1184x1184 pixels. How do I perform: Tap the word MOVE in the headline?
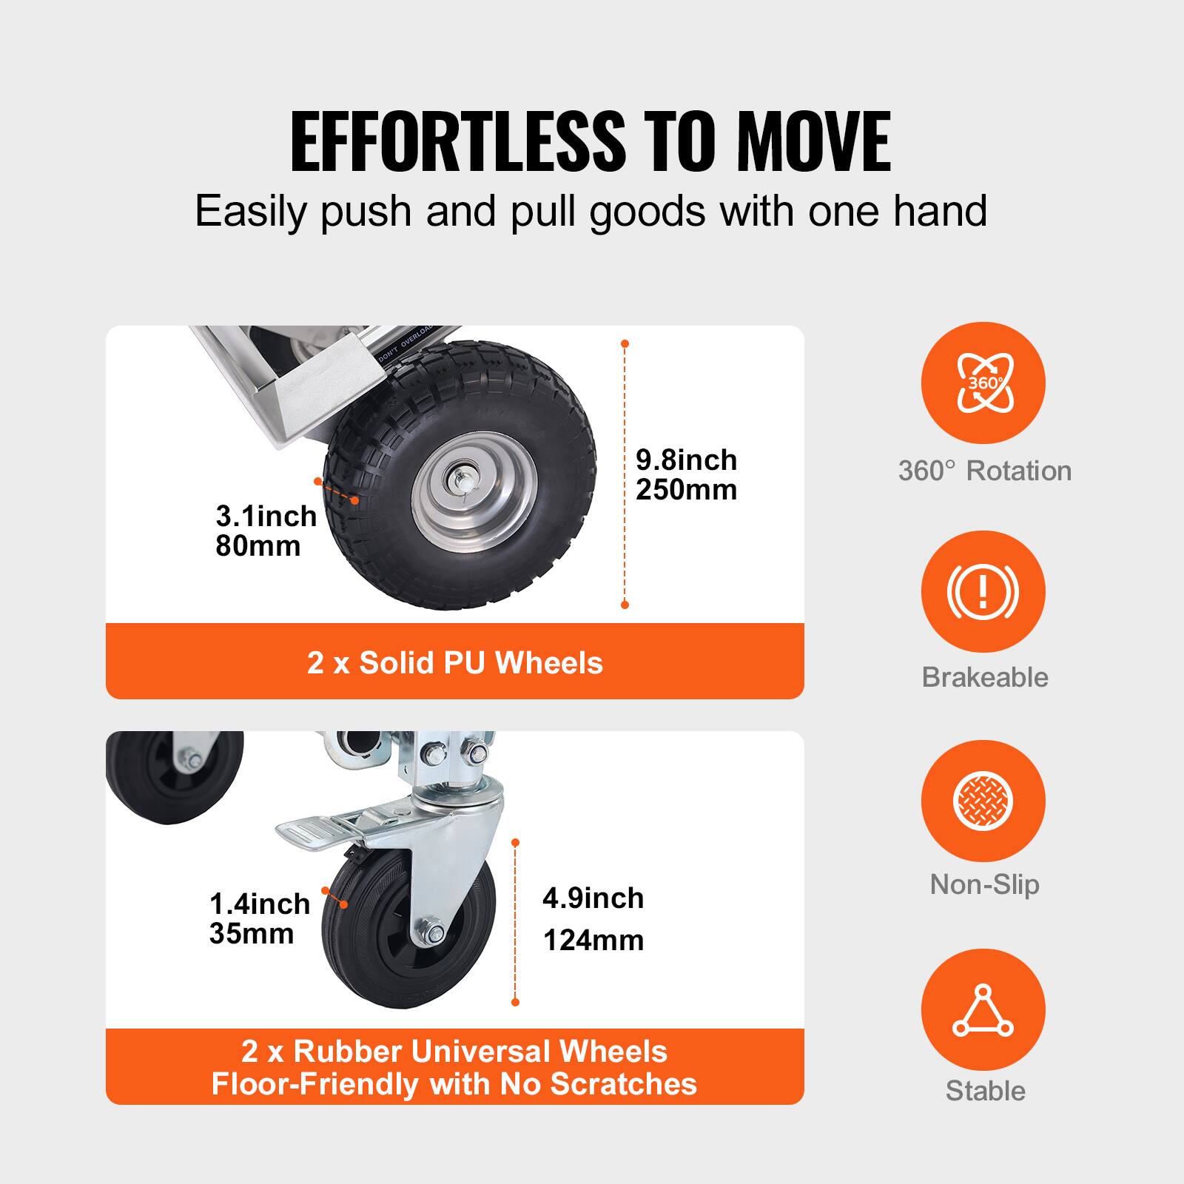point(814,141)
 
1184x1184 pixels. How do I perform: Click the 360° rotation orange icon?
point(983,383)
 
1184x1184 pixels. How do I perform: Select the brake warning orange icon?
point(983,592)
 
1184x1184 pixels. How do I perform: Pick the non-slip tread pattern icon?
point(983,801)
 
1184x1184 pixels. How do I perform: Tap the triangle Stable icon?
point(983,1010)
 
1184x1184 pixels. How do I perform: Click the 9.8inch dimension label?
point(686,460)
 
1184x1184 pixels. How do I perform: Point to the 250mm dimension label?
point(686,490)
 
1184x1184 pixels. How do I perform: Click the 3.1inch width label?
point(266,517)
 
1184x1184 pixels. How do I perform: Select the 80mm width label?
point(258,546)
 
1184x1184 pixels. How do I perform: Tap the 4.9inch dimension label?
point(593,898)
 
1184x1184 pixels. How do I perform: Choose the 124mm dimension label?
point(593,941)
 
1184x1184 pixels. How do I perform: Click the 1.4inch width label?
point(259,904)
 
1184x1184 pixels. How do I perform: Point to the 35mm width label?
point(252,934)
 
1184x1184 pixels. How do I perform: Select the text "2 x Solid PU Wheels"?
point(454,662)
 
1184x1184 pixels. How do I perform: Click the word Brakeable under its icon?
point(984,677)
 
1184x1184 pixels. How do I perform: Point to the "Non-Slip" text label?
point(984,884)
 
